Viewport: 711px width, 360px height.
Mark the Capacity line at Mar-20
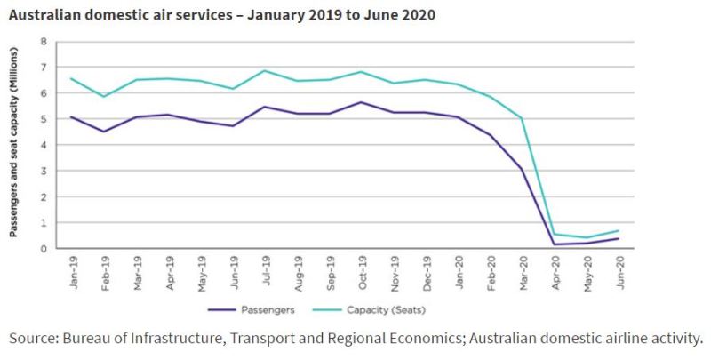click(523, 118)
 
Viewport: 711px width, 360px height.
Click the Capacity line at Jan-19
click(70, 78)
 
